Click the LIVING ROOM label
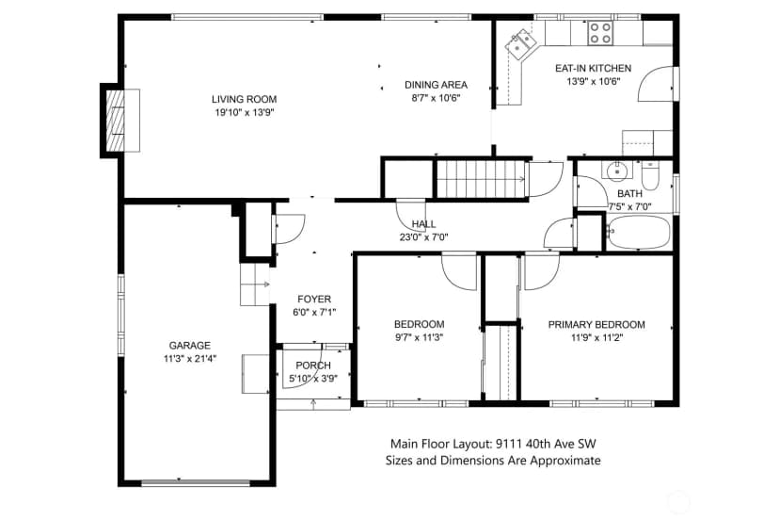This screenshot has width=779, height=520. [x=244, y=99]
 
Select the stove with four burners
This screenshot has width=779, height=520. [x=599, y=33]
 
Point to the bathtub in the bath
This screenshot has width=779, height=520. [x=639, y=232]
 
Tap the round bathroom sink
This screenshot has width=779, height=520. [x=617, y=171]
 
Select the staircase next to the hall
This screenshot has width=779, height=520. [x=481, y=179]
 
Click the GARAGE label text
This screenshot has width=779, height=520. [x=189, y=346]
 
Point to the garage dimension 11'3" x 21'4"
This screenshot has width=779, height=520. [x=190, y=358]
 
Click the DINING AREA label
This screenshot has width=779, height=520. [x=436, y=85]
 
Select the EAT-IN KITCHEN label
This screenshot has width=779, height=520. [x=594, y=68]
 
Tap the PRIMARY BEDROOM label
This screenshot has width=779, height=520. [x=596, y=324]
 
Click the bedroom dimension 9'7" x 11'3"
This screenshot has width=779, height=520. [x=419, y=337]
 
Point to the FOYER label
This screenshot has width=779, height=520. [x=314, y=299]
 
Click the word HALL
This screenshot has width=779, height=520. [x=423, y=224]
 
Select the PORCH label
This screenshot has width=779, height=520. [x=313, y=366]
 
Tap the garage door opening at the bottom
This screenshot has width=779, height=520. [x=196, y=482]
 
